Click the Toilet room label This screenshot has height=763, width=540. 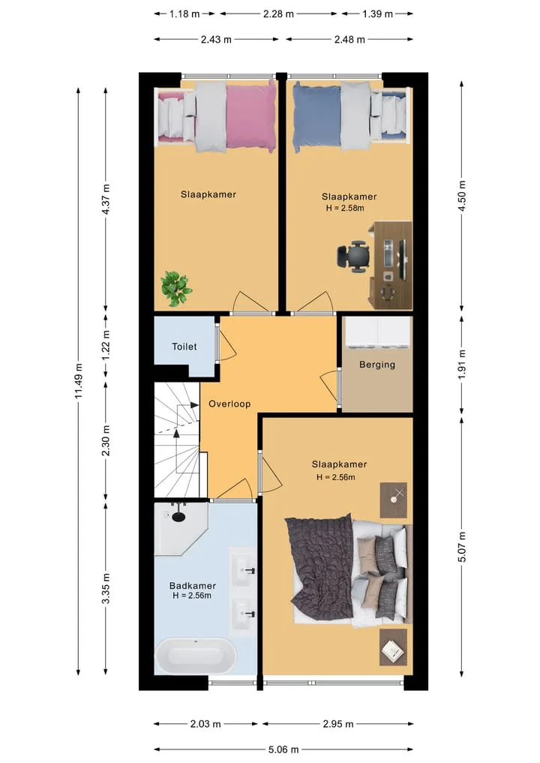[184, 347]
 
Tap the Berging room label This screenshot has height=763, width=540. [377, 365]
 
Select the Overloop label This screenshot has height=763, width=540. [229, 404]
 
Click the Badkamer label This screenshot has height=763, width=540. [192, 586]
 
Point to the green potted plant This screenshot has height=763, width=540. [175, 289]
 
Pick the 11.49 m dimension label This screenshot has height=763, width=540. [79, 381]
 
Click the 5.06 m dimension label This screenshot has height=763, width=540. [283, 749]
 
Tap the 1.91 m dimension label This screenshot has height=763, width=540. [462, 364]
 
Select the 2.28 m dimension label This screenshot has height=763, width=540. [278, 14]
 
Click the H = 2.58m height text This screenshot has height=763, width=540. [345, 208]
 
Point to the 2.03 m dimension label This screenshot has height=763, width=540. [205, 724]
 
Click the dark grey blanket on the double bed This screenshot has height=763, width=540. [319, 564]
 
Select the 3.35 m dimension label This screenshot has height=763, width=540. [106, 588]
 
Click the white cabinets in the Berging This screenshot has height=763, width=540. [377, 333]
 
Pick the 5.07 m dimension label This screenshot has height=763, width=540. [462, 547]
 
